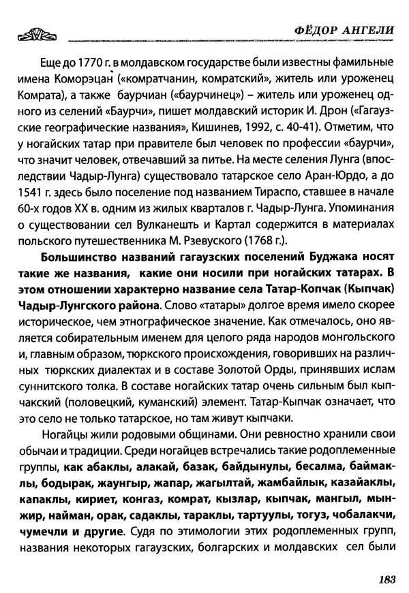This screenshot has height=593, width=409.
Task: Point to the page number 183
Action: [385, 579]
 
